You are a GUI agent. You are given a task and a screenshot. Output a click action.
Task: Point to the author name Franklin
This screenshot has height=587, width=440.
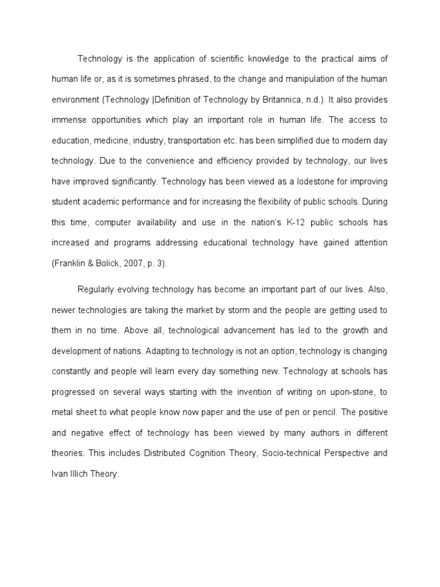[x=71, y=263]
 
